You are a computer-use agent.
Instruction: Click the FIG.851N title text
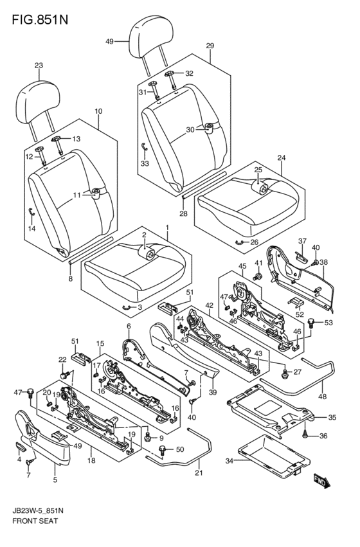(40, 19)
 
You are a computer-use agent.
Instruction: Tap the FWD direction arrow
(321, 481)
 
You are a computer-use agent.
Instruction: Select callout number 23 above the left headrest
(39, 65)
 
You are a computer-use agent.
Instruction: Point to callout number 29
(210, 46)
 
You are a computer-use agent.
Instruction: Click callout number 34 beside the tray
(229, 461)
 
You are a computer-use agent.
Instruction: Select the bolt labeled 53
(310, 322)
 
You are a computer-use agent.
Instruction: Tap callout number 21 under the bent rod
(199, 472)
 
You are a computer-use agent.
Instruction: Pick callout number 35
(332, 417)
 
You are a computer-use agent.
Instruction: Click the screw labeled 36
(305, 435)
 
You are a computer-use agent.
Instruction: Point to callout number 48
(322, 397)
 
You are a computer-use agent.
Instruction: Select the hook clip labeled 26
(240, 242)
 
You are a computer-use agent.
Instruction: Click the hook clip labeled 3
(128, 307)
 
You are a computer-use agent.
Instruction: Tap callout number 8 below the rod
(71, 279)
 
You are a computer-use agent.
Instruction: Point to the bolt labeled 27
(284, 373)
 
